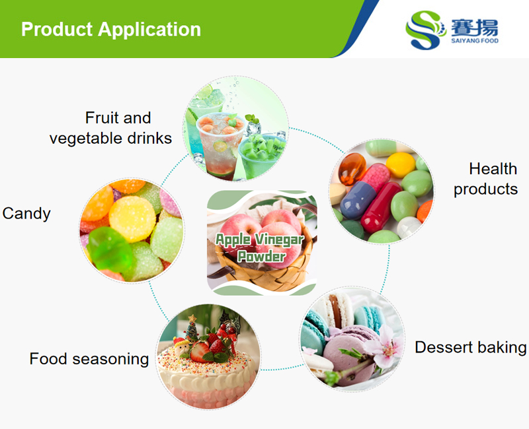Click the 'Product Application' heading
110,30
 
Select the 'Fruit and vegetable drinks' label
110,128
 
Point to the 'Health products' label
485,179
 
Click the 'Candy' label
26,213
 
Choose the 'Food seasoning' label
89,359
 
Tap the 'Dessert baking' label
471,347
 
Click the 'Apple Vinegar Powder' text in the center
260,247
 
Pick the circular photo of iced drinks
236,128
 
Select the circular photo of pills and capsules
382,191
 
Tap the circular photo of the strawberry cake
208,356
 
